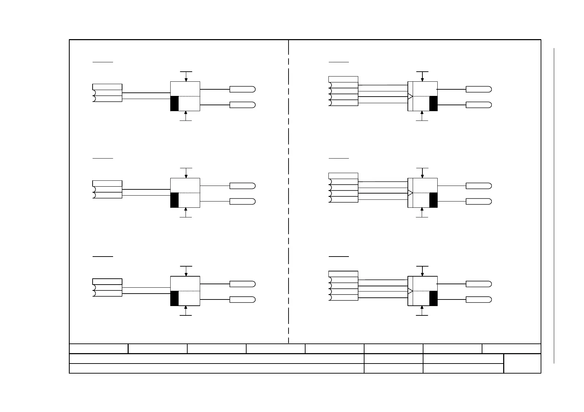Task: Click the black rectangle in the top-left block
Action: pos(174,104)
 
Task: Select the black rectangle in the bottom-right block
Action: pos(433,298)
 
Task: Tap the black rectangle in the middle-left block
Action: pos(174,200)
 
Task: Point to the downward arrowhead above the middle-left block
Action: pos(186,176)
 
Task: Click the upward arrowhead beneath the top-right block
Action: pos(422,113)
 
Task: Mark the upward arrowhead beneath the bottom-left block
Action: pos(186,307)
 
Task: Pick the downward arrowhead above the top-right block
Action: pos(422,80)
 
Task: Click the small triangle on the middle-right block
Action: pos(410,193)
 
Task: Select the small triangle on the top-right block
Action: pos(410,96)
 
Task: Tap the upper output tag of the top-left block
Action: pos(242,89)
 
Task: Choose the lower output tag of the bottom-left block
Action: pos(242,299)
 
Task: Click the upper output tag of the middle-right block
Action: pos(479,186)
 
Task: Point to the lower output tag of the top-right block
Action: pos(479,105)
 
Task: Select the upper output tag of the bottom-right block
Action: pos(479,284)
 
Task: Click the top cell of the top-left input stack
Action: pos(107,87)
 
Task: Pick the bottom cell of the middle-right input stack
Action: pos(343,199)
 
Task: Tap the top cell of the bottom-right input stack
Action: pos(343,274)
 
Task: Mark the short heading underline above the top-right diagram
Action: pos(338,62)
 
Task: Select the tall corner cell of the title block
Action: pos(522,364)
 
